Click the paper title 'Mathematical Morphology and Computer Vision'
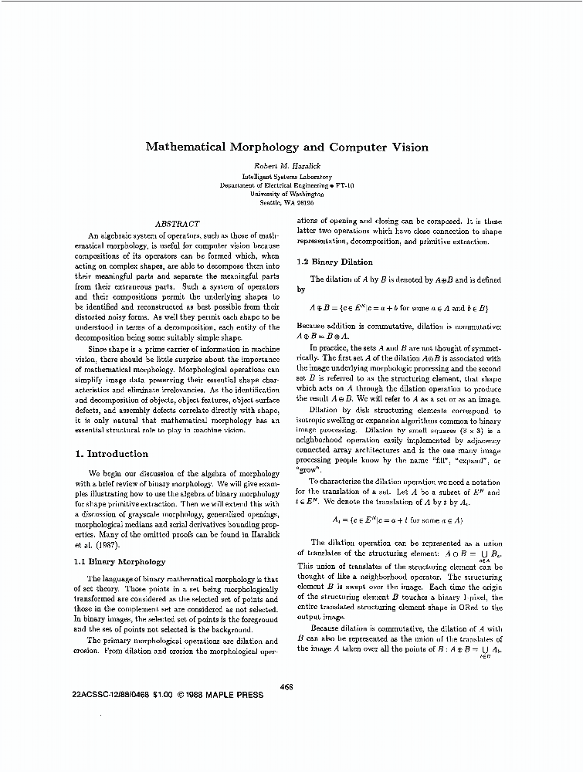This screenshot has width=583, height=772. [286, 147]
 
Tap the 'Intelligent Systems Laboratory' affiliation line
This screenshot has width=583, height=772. [286, 177]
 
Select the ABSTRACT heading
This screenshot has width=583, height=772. [178, 223]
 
